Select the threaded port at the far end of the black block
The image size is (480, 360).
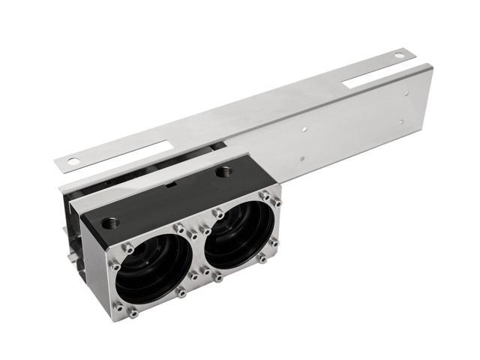pyautogui.click(x=223, y=172)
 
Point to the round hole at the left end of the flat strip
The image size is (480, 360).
pyautogui.click(x=73, y=160)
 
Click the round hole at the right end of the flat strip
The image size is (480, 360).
pyautogui.click(x=399, y=54)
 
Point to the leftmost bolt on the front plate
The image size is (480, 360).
pyautogui.click(x=115, y=265)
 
